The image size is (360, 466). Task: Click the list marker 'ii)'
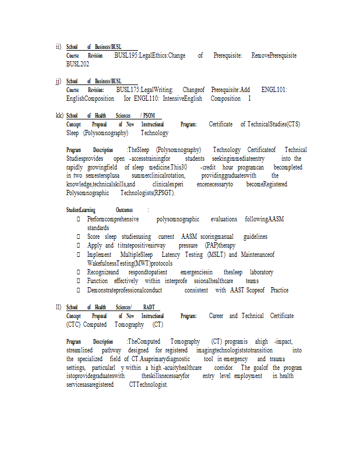pos(58,47)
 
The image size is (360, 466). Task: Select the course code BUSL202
pos(77,63)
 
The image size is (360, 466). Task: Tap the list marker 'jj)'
pos(58,81)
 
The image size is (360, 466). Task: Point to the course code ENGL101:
pos(274,90)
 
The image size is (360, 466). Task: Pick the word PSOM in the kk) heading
pos(149,115)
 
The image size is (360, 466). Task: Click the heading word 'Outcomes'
pos(124,210)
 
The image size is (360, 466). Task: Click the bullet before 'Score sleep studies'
pos(79,237)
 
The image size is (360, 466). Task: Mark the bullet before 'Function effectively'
pos(79,281)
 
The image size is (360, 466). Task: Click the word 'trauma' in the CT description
pos(277,359)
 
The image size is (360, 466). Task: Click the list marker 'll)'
pos(58,307)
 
